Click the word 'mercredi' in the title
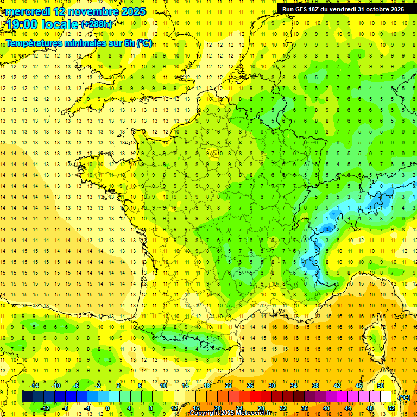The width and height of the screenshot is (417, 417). (28, 11)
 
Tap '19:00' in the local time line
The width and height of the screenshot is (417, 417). (22, 24)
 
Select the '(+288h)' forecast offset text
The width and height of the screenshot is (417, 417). (97, 24)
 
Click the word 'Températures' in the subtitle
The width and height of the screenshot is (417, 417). (34, 43)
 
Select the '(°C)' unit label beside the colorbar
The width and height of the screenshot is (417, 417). (404, 397)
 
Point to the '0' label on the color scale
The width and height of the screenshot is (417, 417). (108, 408)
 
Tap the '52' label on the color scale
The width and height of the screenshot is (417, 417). (391, 408)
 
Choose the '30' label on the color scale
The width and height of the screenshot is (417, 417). (271, 385)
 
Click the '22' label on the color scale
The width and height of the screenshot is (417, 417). (229, 385)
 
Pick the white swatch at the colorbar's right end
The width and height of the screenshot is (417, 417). (386, 397)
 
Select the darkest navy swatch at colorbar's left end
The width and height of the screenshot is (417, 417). (28, 397)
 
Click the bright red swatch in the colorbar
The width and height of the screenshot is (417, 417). (255, 397)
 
